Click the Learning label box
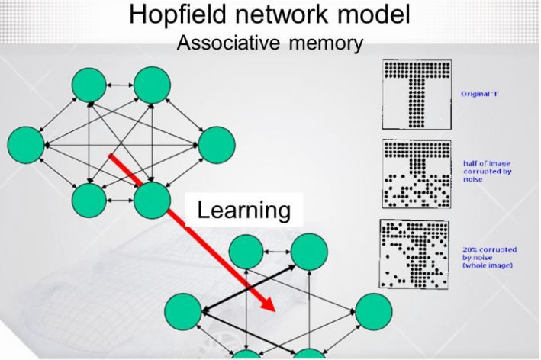245,210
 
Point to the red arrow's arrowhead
267,304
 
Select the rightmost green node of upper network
216,144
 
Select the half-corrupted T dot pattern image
415,174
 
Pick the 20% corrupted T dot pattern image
415,255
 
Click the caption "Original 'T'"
481,94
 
